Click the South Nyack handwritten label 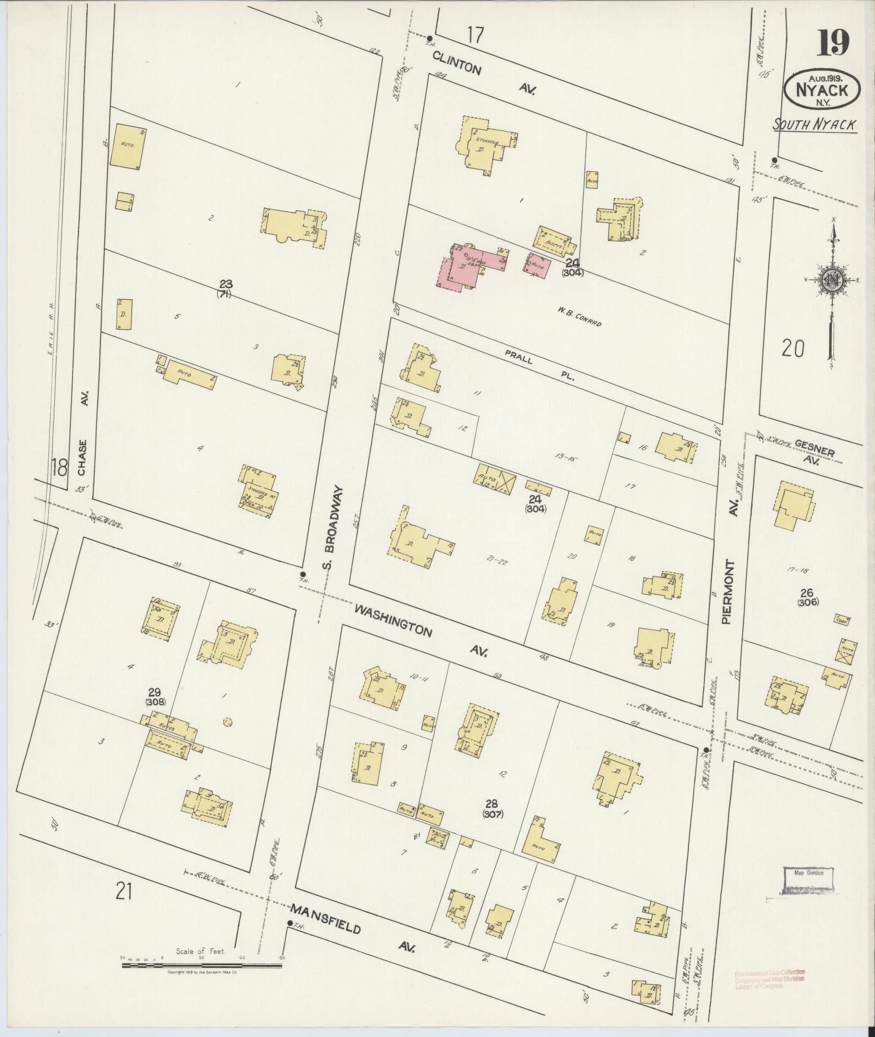click(x=814, y=125)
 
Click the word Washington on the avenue click(x=393, y=621)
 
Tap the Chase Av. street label click(x=82, y=434)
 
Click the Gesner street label click(x=814, y=447)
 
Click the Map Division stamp click(x=808, y=873)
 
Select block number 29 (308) click(x=156, y=697)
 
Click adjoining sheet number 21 click(x=123, y=891)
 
